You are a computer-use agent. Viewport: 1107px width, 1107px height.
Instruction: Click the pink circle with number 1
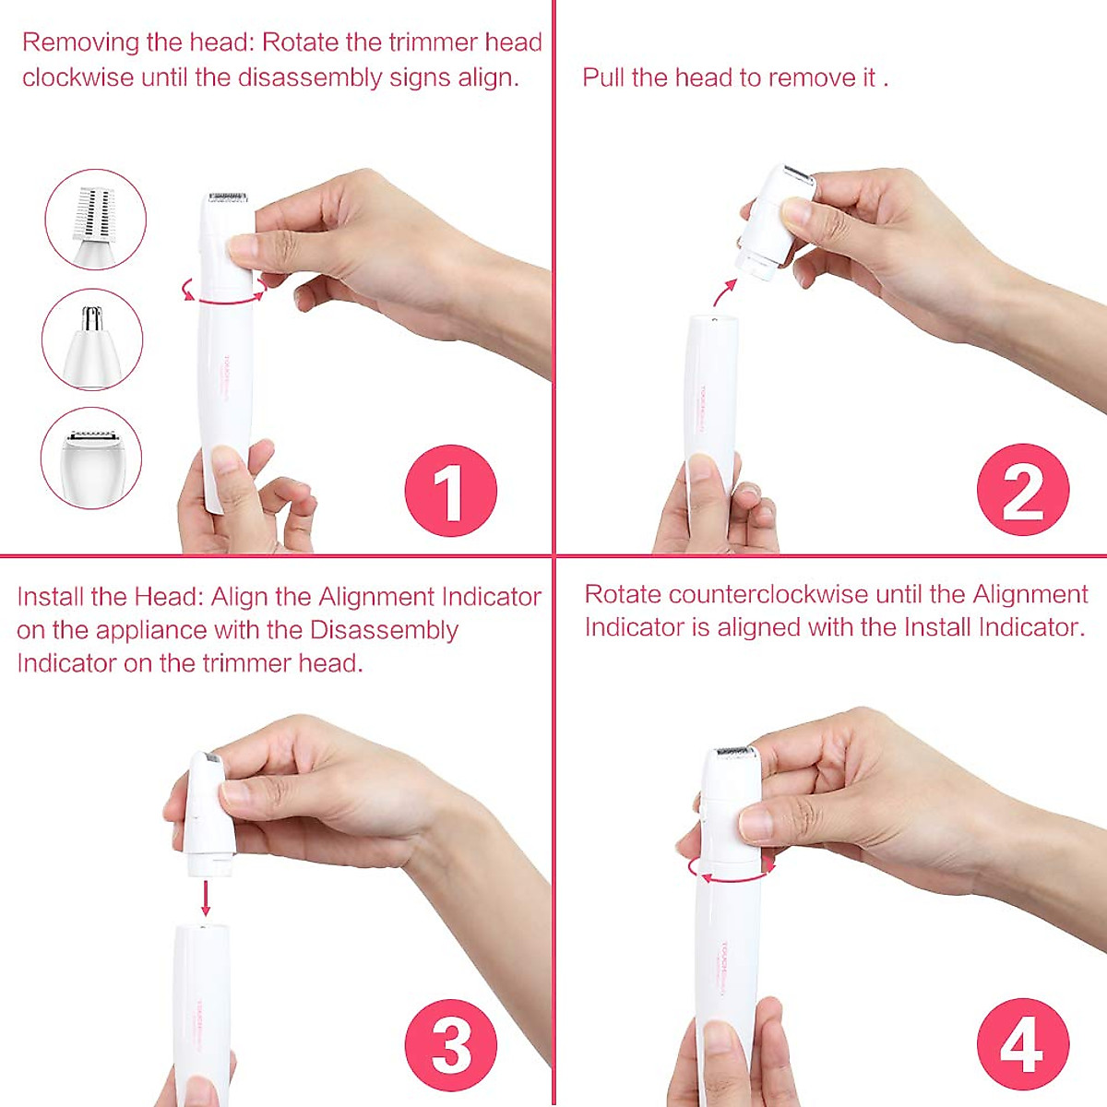[450, 491]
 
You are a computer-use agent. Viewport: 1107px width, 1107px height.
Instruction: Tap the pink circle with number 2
[1022, 490]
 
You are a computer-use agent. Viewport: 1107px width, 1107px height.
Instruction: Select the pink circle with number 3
[450, 1044]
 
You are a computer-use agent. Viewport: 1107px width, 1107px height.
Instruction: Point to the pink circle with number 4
[1022, 1044]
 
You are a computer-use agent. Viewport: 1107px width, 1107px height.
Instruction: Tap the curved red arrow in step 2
[724, 292]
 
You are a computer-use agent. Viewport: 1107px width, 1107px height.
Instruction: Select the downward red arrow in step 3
[206, 897]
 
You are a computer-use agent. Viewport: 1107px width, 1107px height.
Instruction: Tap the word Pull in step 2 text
[603, 77]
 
